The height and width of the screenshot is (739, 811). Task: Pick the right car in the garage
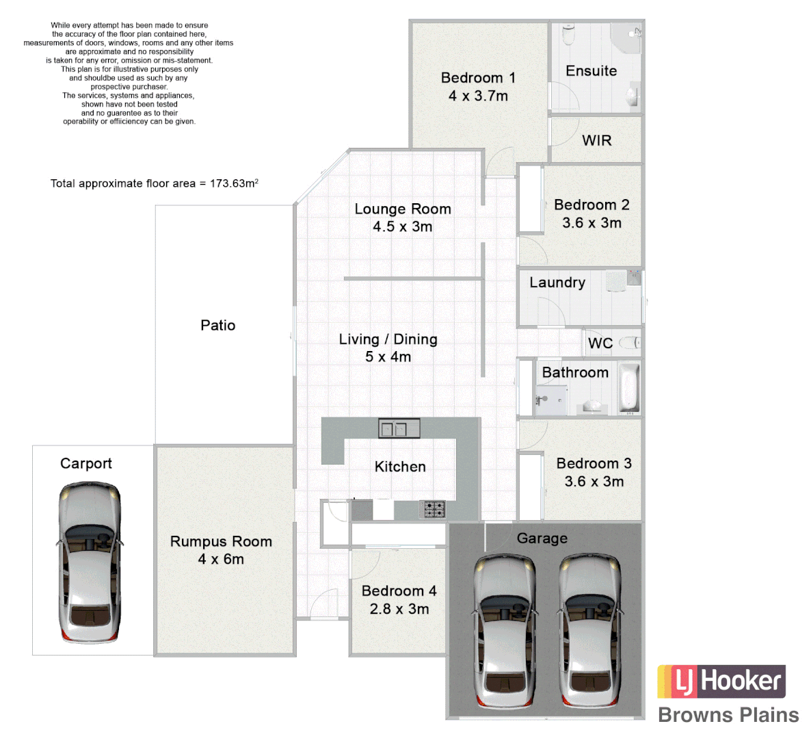(591, 634)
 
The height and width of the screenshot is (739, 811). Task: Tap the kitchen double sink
(399, 429)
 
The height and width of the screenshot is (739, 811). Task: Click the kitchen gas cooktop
(433, 509)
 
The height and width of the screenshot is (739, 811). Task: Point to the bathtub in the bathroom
(629, 388)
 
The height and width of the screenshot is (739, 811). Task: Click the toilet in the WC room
(629, 342)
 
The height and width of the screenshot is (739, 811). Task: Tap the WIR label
(596, 140)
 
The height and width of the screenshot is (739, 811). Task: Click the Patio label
(217, 325)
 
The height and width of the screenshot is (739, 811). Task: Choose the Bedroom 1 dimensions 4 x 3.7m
(478, 96)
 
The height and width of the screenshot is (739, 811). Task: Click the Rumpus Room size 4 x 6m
(221, 559)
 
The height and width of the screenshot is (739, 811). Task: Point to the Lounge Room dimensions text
(402, 226)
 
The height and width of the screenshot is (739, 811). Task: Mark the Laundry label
(557, 283)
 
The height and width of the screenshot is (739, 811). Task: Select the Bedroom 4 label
(399, 591)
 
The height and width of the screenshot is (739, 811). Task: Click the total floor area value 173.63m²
(234, 183)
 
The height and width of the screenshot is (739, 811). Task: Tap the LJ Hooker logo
(721, 682)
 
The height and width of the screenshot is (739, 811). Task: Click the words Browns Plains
(728, 715)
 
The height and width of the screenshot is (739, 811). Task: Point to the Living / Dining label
(388, 339)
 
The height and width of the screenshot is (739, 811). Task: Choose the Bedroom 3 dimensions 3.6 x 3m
(594, 482)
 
